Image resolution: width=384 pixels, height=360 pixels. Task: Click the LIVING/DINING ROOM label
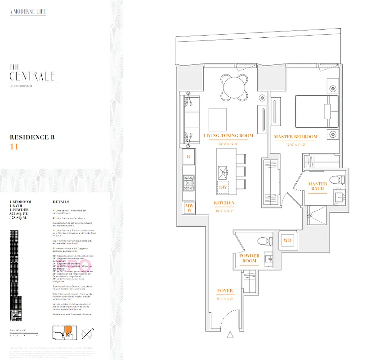coord(228,135)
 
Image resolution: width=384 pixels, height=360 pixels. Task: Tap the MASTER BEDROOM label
coord(295,136)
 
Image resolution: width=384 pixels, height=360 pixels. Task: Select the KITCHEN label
coord(224,203)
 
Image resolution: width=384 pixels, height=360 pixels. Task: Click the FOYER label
coord(225,291)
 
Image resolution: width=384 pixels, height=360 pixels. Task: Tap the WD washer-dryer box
coord(287,241)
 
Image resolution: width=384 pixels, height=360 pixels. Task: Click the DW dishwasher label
coord(223,187)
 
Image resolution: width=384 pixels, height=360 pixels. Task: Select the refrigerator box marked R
coord(188,157)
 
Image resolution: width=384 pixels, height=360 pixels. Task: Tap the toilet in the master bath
coord(337,180)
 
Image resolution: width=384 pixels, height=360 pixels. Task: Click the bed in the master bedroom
coord(317,111)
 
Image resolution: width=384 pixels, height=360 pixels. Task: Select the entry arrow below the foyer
coord(231,334)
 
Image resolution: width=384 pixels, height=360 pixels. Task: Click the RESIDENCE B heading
coord(32,137)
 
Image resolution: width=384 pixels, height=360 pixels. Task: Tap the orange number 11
coord(14,146)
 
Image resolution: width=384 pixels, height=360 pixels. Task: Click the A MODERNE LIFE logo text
coord(28,12)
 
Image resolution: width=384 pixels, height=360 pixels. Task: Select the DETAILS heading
coord(61,202)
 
